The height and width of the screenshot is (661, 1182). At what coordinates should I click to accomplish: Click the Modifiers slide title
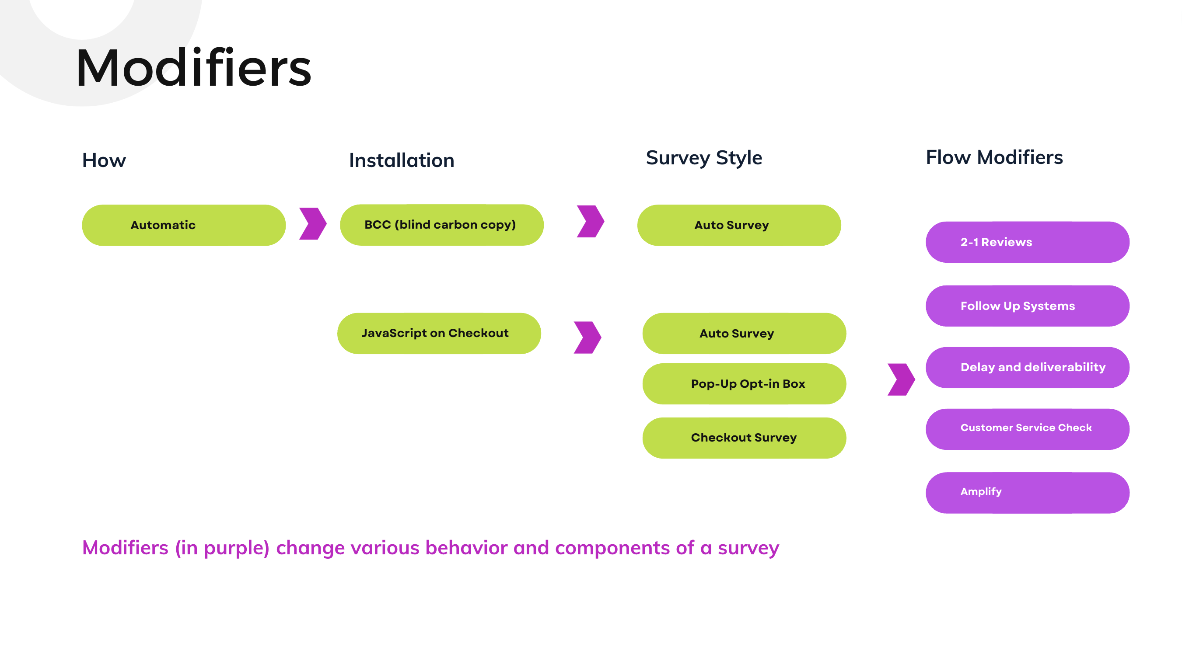pyautogui.click(x=193, y=68)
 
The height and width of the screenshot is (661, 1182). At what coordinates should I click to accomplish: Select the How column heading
pyautogui.click(x=104, y=160)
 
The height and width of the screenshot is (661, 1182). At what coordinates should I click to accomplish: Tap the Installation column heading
pyautogui.click(x=402, y=160)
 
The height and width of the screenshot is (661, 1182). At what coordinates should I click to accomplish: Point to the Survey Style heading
pyautogui.click(x=704, y=158)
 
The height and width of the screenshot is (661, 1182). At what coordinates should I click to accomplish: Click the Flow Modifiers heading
pyautogui.click(x=994, y=157)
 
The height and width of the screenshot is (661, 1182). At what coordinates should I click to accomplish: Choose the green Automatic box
pyautogui.click(x=184, y=225)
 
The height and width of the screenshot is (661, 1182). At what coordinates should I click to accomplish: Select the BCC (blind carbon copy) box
pyautogui.click(x=441, y=225)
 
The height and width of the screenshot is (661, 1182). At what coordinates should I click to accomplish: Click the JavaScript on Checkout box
pyautogui.click(x=439, y=334)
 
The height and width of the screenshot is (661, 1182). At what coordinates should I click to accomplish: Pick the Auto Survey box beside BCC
pyautogui.click(x=739, y=225)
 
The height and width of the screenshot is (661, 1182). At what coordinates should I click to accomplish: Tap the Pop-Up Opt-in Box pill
pyautogui.click(x=744, y=384)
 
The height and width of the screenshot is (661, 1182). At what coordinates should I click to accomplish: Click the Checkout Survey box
pyautogui.click(x=744, y=438)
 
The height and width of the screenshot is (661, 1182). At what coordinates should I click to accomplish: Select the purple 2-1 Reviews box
pyautogui.click(x=1027, y=242)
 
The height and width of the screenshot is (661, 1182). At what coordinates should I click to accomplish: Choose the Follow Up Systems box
pyautogui.click(x=1027, y=306)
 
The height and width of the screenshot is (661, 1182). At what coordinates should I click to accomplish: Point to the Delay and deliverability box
pyautogui.click(x=1027, y=367)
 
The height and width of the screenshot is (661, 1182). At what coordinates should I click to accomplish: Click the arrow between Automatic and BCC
pyautogui.click(x=313, y=224)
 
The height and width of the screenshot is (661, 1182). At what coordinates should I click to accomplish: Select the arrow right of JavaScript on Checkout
pyautogui.click(x=588, y=337)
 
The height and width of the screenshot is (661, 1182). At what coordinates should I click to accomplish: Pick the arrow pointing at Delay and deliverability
pyautogui.click(x=901, y=379)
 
